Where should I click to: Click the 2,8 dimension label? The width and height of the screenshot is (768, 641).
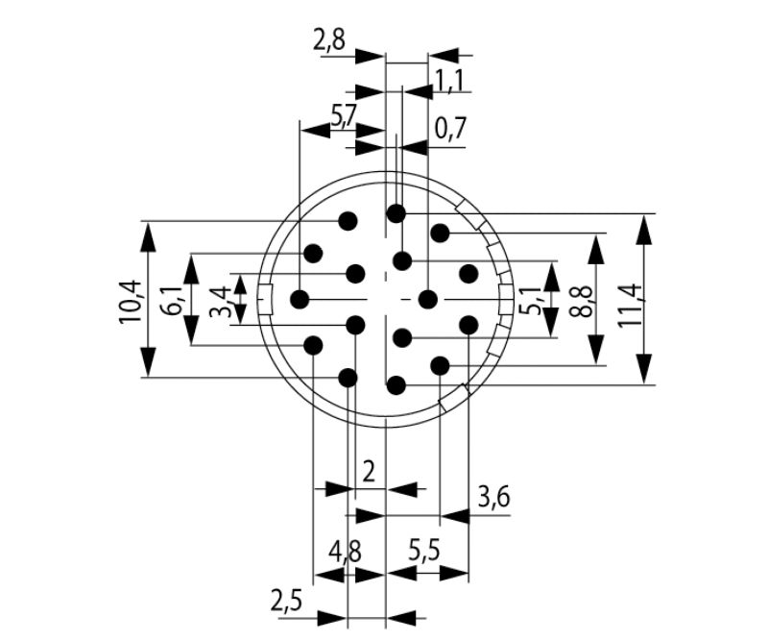(329, 41)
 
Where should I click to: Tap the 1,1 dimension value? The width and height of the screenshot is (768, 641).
(449, 81)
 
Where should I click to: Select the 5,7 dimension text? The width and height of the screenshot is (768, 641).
(344, 117)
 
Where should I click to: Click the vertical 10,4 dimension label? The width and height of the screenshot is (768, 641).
(130, 302)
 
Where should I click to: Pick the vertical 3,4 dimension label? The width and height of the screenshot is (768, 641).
(220, 301)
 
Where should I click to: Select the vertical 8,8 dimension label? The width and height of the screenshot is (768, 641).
(583, 301)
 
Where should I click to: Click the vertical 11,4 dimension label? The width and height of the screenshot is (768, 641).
(632, 305)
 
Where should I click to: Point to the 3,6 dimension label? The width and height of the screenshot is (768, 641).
(493, 498)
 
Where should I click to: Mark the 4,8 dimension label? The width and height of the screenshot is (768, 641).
(346, 553)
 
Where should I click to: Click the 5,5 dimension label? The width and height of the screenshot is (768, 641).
(424, 553)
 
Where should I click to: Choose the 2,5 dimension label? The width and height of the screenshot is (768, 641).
(286, 602)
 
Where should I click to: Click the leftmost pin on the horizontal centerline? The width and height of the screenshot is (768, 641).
(300, 299)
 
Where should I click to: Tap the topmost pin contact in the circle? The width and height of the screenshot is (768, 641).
(396, 213)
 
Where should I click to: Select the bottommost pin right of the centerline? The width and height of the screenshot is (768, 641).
(396, 385)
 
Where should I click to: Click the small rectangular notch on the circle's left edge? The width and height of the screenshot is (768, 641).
(265, 300)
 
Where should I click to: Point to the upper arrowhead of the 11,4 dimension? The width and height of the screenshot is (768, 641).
(644, 229)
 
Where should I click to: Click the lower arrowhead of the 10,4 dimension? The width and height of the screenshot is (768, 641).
(149, 362)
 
